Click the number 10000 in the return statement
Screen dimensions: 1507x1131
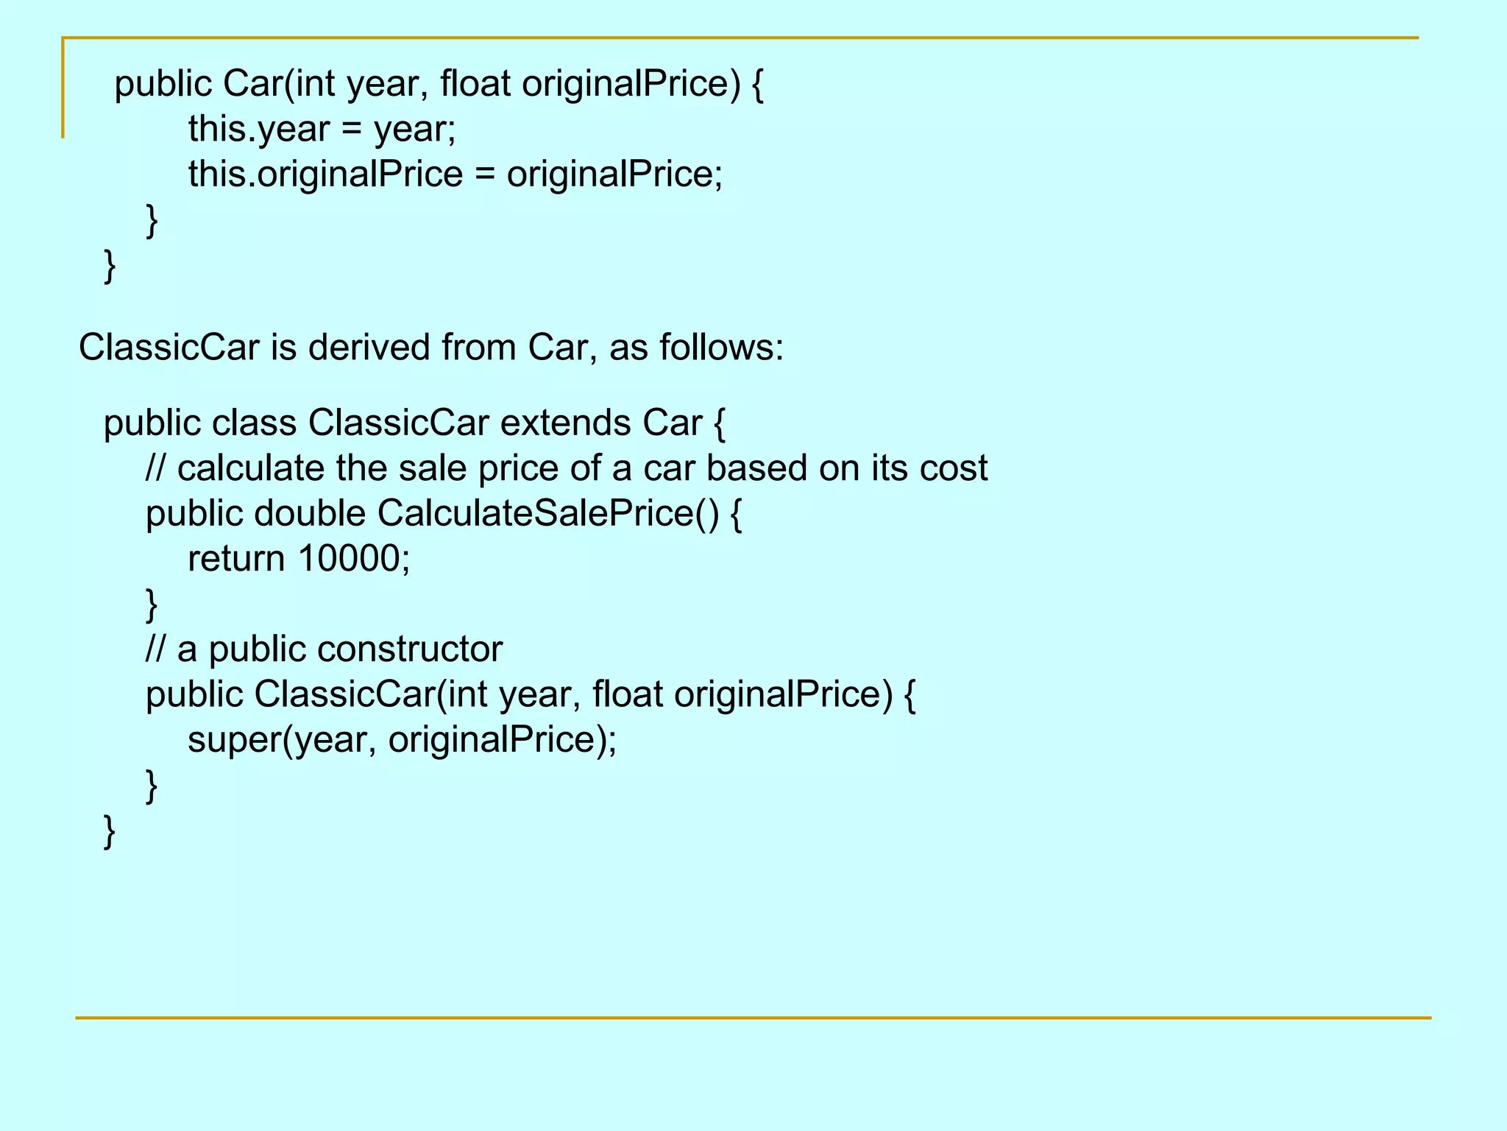point(348,558)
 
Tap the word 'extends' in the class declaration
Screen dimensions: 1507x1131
point(565,423)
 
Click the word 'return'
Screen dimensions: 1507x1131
point(236,558)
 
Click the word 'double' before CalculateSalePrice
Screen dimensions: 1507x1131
point(310,513)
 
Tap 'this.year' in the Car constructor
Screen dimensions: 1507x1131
point(258,129)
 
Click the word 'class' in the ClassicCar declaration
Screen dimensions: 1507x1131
point(254,423)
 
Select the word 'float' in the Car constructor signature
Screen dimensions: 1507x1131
point(475,83)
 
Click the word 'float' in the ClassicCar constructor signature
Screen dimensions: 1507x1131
point(627,694)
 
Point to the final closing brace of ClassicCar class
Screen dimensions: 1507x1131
point(110,832)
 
